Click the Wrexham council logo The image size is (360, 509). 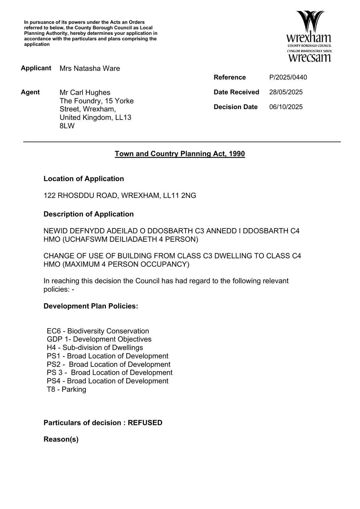tap(309, 36)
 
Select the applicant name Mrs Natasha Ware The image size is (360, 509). tap(90, 68)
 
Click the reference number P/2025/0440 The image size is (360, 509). tap(288, 77)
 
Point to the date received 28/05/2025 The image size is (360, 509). tap(286, 92)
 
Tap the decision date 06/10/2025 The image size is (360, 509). tap(286, 107)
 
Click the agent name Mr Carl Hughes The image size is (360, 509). tap(85, 93)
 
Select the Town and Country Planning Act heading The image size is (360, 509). tap(180, 154)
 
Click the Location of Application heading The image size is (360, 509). tap(84, 179)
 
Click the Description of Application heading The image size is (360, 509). tap(88, 214)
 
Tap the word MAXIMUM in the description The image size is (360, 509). tap(83, 264)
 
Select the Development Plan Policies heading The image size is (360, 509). tap(91, 306)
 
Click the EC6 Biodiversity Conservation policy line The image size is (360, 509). tap(98, 331)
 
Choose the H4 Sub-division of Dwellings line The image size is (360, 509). tap(95, 348)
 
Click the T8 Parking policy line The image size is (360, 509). tap(66, 389)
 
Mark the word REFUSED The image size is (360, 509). tap(145, 423)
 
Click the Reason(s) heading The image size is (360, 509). tap(61, 439)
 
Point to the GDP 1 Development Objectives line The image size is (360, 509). tap(99, 339)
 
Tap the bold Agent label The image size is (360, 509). tap(30, 92)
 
